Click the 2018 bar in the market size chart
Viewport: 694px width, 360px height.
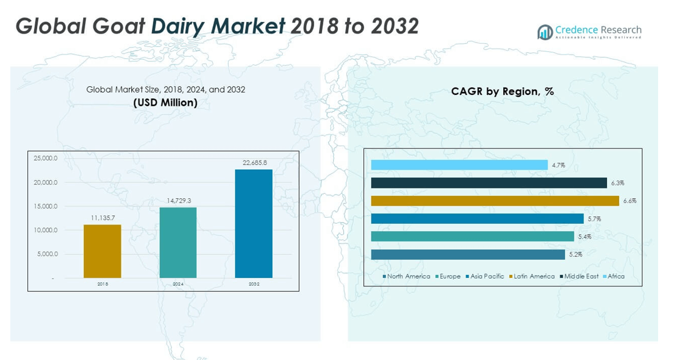[x=102, y=251]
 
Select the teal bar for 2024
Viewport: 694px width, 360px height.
[x=178, y=243]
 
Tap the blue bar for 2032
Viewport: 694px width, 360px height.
[x=253, y=223]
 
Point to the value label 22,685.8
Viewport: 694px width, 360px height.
[x=253, y=162]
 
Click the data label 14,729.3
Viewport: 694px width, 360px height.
[x=178, y=201]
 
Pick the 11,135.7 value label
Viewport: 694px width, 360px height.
[x=102, y=218]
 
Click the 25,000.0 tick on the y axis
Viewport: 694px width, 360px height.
[x=46, y=159]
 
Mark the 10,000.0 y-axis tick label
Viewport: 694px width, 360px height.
[x=46, y=230]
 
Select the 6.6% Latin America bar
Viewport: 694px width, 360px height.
[x=495, y=201]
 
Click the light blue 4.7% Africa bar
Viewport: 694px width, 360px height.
[x=459, y=165]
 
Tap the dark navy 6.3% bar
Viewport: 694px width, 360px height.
[x=489, y=182]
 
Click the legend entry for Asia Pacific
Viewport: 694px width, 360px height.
[x=487, y=276]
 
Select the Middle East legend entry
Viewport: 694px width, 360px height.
[x=581, y=276]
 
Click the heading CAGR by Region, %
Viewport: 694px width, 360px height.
[x=502, y=92]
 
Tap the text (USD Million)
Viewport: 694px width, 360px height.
[x=165, y=103]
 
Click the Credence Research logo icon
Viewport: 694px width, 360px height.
[x=545, y=32]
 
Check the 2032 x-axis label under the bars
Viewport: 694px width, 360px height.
[x=253, y=284]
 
